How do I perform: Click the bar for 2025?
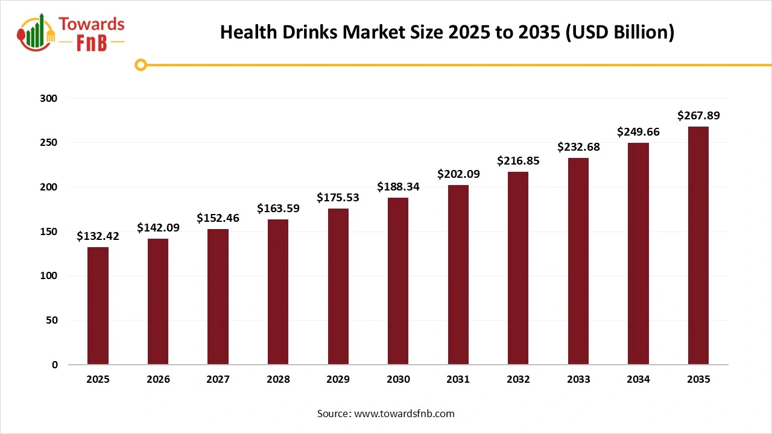[x=98, y=306]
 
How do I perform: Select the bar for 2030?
[x=398, y=281]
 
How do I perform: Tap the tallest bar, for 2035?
[x=698, y=245]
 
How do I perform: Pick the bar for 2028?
[x=278, y=292]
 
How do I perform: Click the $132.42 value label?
[x=98, y=236]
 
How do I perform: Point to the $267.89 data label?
[x=698, y=115]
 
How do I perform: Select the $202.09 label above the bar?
[x=458, y=174]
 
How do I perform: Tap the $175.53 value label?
[x=338, y=198]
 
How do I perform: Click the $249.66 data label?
[x=638, y=132]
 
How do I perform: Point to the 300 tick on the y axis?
[x=49, y=98]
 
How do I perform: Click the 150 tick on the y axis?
[x=49, y=231]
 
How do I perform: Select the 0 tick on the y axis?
[x=54, y=365]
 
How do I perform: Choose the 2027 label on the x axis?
[x=218, y=380]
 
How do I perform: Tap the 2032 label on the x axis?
[x=518, y=380]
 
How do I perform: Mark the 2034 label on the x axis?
[x=638, y=380]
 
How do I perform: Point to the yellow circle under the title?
[x=141, y=64]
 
